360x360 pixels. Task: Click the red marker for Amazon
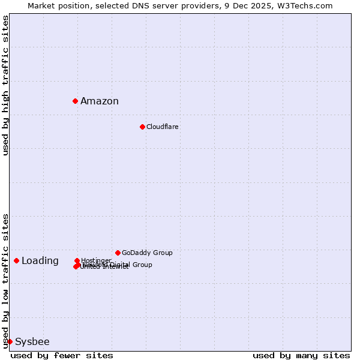click(75, 101)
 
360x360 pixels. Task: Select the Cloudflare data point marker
click(142, 127)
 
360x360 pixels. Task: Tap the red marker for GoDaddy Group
click(118, 253)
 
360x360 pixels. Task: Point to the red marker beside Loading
click(16, 260)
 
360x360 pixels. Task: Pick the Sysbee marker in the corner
click(10, 341)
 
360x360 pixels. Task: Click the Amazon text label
click(100, 101)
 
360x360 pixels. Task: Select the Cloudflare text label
click(163, 127)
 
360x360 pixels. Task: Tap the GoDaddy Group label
click(147, 253)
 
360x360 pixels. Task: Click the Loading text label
click(40, 260)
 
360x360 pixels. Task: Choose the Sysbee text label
click(32, 341)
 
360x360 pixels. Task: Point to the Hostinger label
click(96, 260)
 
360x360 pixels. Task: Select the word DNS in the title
click(146, 5)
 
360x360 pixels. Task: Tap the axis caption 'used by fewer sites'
click(62, 355)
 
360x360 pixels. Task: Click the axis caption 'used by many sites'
click(301, 355)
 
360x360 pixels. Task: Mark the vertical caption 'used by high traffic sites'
click(5, 85)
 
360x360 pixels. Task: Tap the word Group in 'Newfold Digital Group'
click(142, 265)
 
